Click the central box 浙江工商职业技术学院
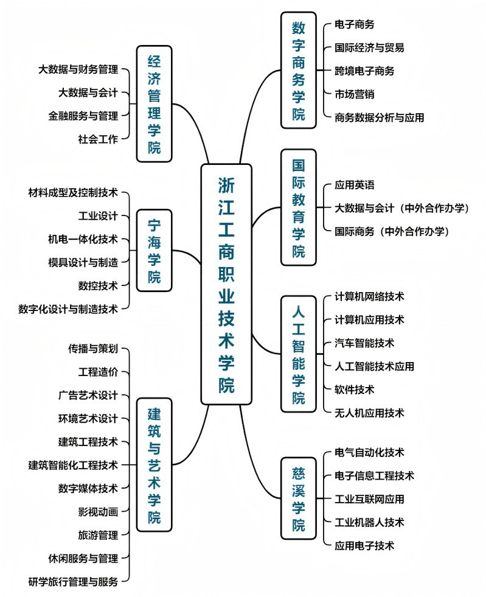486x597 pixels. pos(226,284)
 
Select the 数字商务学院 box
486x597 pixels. pos(299,70)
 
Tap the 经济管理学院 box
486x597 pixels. pos(154,103)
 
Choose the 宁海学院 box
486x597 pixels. pos(154,250)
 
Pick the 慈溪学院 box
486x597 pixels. pos(299,498)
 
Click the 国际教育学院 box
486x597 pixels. pos(299,208)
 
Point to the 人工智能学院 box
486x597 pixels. pos(299,354)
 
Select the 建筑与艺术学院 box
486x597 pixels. pos(154,464)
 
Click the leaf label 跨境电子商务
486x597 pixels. pos(364,71)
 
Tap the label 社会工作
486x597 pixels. pos(98,139)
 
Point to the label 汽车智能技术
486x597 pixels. pos(364,343)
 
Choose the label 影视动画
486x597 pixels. pos(98,512)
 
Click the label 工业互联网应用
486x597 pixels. pos(369,499)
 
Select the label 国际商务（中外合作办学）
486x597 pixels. pos(392,231)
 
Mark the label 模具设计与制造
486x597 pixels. pos(83,262)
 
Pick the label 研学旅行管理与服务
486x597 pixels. pos(73,581)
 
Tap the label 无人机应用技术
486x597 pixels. pos(369,413)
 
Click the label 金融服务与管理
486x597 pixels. pos(83,116)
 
